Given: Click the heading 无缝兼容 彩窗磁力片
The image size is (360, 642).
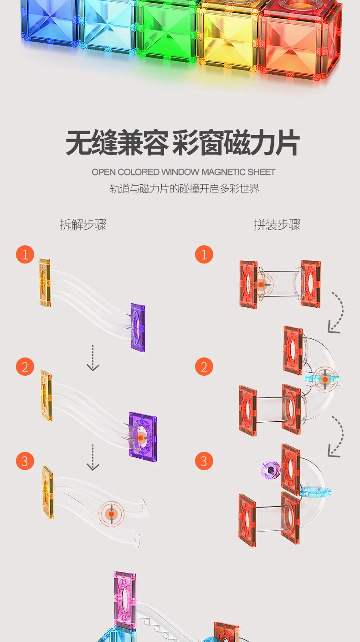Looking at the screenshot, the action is (x=183, y=143).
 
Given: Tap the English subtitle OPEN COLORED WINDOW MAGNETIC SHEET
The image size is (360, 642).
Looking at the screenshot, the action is (x=183, y=172).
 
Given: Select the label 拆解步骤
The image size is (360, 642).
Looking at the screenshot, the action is (x=83, y=225).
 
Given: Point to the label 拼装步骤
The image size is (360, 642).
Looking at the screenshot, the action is (x=277, y=225).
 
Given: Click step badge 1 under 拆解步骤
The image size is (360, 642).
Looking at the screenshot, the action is (x=25, y=254).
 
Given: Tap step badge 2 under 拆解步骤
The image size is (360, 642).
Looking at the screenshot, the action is (x=25, y=367).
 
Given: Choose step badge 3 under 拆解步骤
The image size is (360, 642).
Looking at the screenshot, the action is (x=25, y=461).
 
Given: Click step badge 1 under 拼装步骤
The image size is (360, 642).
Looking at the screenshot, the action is (x=204, y=254).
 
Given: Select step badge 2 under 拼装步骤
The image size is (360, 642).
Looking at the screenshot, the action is (x=204, y=367).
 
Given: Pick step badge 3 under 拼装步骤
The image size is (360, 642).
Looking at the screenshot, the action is (x=204, y=461).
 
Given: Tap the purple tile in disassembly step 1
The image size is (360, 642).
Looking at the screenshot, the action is (x=138, y=327).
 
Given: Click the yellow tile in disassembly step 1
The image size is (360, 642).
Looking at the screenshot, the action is (x=45, y=283).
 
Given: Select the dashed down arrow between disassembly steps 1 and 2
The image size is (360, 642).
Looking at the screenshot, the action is (x=93, y=358).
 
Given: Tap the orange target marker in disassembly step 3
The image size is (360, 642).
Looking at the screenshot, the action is (x=111, y=514).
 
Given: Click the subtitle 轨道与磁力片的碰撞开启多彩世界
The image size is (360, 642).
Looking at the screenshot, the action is (x=185, y=189).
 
